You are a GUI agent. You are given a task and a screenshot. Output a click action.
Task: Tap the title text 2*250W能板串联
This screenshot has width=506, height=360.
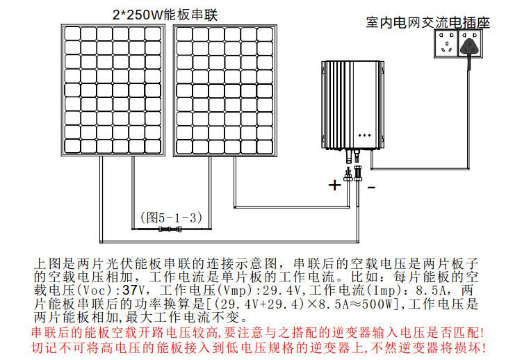(x=165, y=14)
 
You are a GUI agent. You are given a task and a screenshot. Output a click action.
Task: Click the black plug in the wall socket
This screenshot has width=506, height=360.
(x=473, y=47)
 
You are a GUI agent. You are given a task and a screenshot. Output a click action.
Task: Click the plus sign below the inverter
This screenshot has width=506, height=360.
(x=335, y=185)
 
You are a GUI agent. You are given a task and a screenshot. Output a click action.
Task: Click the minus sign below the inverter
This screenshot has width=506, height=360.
(x=370, y=186)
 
